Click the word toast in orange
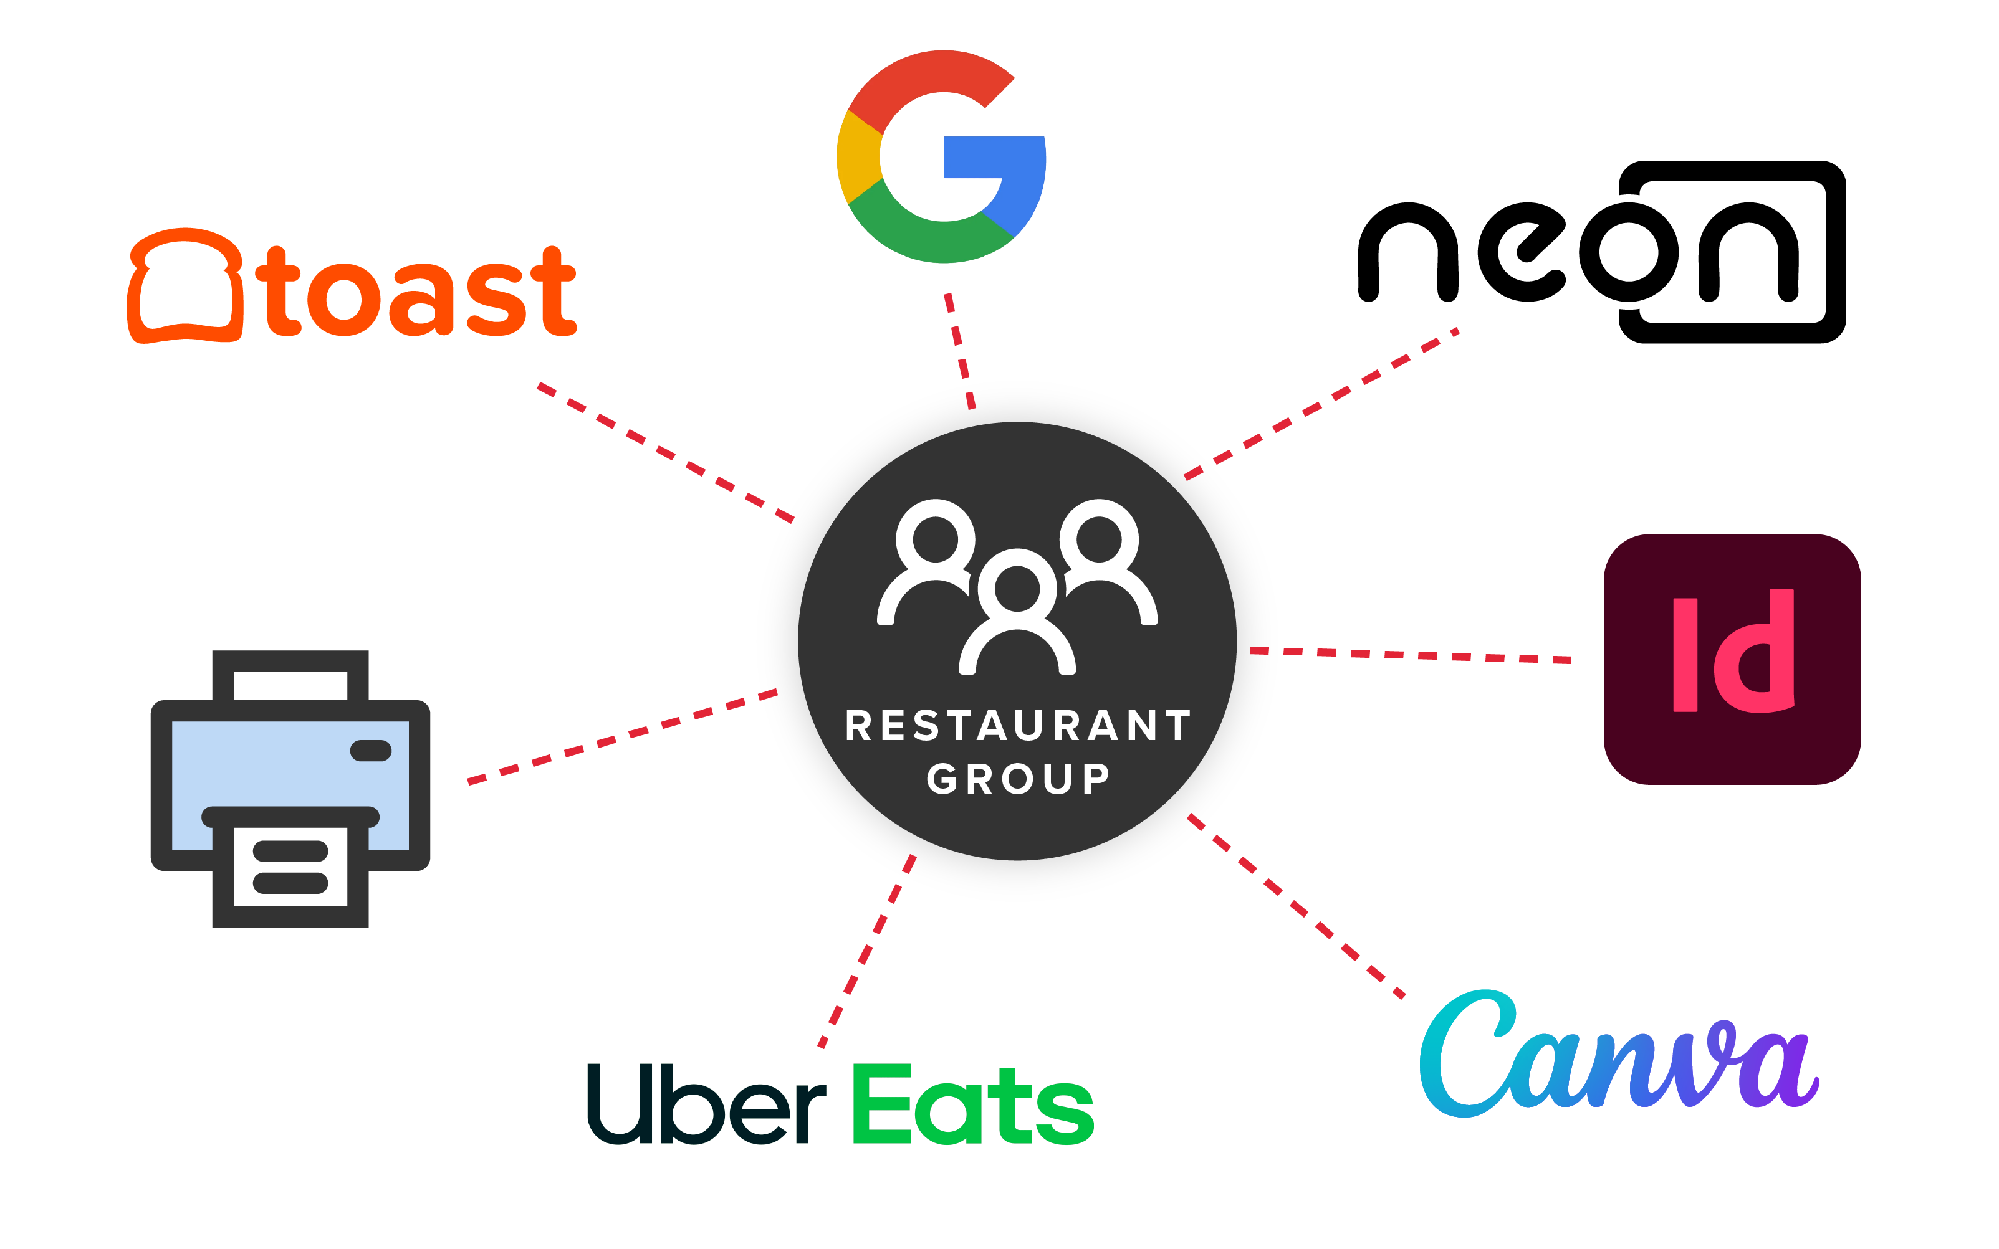(x=416, y=292)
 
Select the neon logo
(x=1601, y=252)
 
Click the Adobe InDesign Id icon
(x=1732, y=659)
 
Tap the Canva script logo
(x=1618, y=1054)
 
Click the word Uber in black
(x=707, y=1104)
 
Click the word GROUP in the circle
(x=1018, y=779)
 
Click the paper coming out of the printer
(x=290, y=867)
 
